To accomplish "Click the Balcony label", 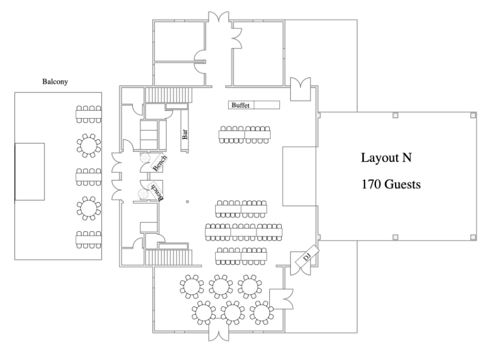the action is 55,82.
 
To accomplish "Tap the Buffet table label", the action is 240,105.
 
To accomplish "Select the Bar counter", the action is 185,131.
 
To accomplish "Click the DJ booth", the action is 307,256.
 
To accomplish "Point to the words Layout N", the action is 386,157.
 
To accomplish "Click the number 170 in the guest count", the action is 371,184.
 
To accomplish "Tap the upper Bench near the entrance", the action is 159,162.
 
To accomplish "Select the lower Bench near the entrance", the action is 157,191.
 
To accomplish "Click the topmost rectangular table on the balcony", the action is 89,114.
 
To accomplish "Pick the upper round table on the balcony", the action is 89,145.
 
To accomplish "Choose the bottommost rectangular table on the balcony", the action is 89,240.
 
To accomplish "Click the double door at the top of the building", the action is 219,17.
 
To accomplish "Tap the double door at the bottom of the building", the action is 219,332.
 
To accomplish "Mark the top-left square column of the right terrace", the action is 395,116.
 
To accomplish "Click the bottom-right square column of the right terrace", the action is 473,237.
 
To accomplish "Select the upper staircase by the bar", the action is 169,95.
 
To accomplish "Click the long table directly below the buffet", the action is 244,135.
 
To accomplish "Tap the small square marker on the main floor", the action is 187,202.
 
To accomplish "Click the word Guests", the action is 402,184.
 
